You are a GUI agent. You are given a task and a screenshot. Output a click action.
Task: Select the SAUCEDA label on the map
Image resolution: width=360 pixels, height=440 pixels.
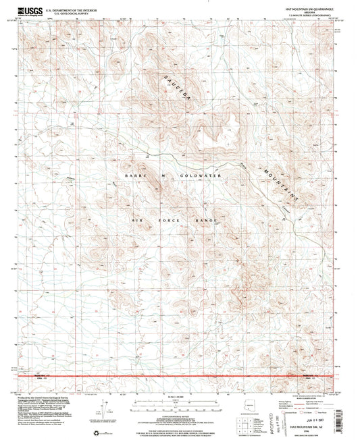click(179, 88)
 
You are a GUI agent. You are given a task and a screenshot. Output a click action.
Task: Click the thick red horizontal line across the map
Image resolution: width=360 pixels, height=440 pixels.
click(179, 375)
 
